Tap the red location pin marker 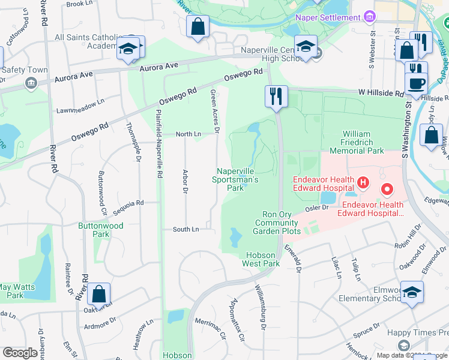tap(387, 191)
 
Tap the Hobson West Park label tap(261, 259)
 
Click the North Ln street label tap(188, 134)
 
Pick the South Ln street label tap(185, 229)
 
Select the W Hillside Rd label tap(382, 94)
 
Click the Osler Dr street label tap(318, 208)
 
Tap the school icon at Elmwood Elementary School tap(412, 292)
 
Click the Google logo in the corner tap(20, 353)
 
